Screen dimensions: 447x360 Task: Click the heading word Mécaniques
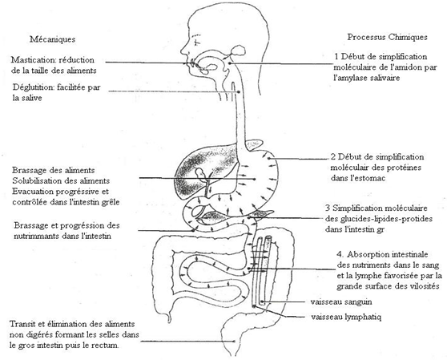tap(52, 39)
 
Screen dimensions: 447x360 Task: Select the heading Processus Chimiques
tap(387, 37)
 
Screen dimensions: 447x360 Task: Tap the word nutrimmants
tap(34, 237)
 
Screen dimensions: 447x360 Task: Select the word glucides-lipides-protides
tap(386, 219)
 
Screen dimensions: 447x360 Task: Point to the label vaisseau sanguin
tap(341, 301)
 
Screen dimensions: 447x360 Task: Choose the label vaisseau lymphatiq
tap(346, 317)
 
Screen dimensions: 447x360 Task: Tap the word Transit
tap(22, 324)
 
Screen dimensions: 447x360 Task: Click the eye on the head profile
tap(196, 42)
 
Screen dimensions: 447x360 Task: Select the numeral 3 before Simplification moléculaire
tap(328, 208)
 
